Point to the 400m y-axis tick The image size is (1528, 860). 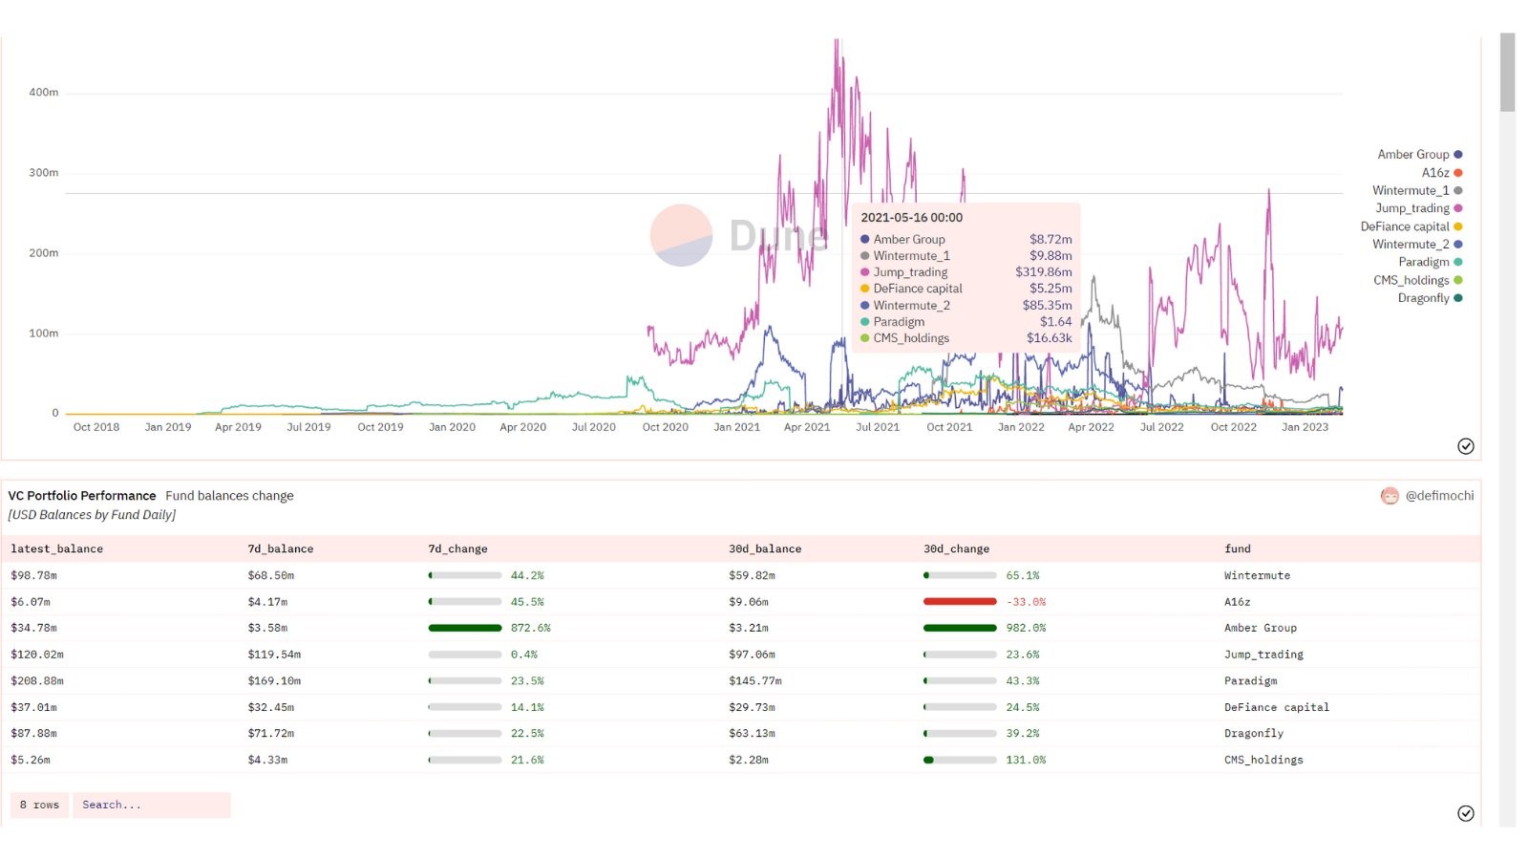[43, 93]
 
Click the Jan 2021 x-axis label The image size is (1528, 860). [736, 427]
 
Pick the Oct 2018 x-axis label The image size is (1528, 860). [96, 427]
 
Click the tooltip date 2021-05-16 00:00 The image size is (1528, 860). [911, 218]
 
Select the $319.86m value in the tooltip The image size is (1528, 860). [1043, 272]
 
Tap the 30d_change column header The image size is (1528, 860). [956, 549]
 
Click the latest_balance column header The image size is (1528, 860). [56, 549]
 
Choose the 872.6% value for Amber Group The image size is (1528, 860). [530, 629]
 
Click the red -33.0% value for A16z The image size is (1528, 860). [1026, 602]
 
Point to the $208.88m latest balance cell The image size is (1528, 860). [36, 681]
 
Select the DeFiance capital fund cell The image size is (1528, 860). [1276, 708]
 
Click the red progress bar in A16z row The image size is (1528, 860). [960, 602]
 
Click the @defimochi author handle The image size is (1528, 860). [1438, 496]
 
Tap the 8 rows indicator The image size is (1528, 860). [39, 806]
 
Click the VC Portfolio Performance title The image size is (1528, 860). [82, 496]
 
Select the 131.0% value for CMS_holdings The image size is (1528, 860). [1026, 761]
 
